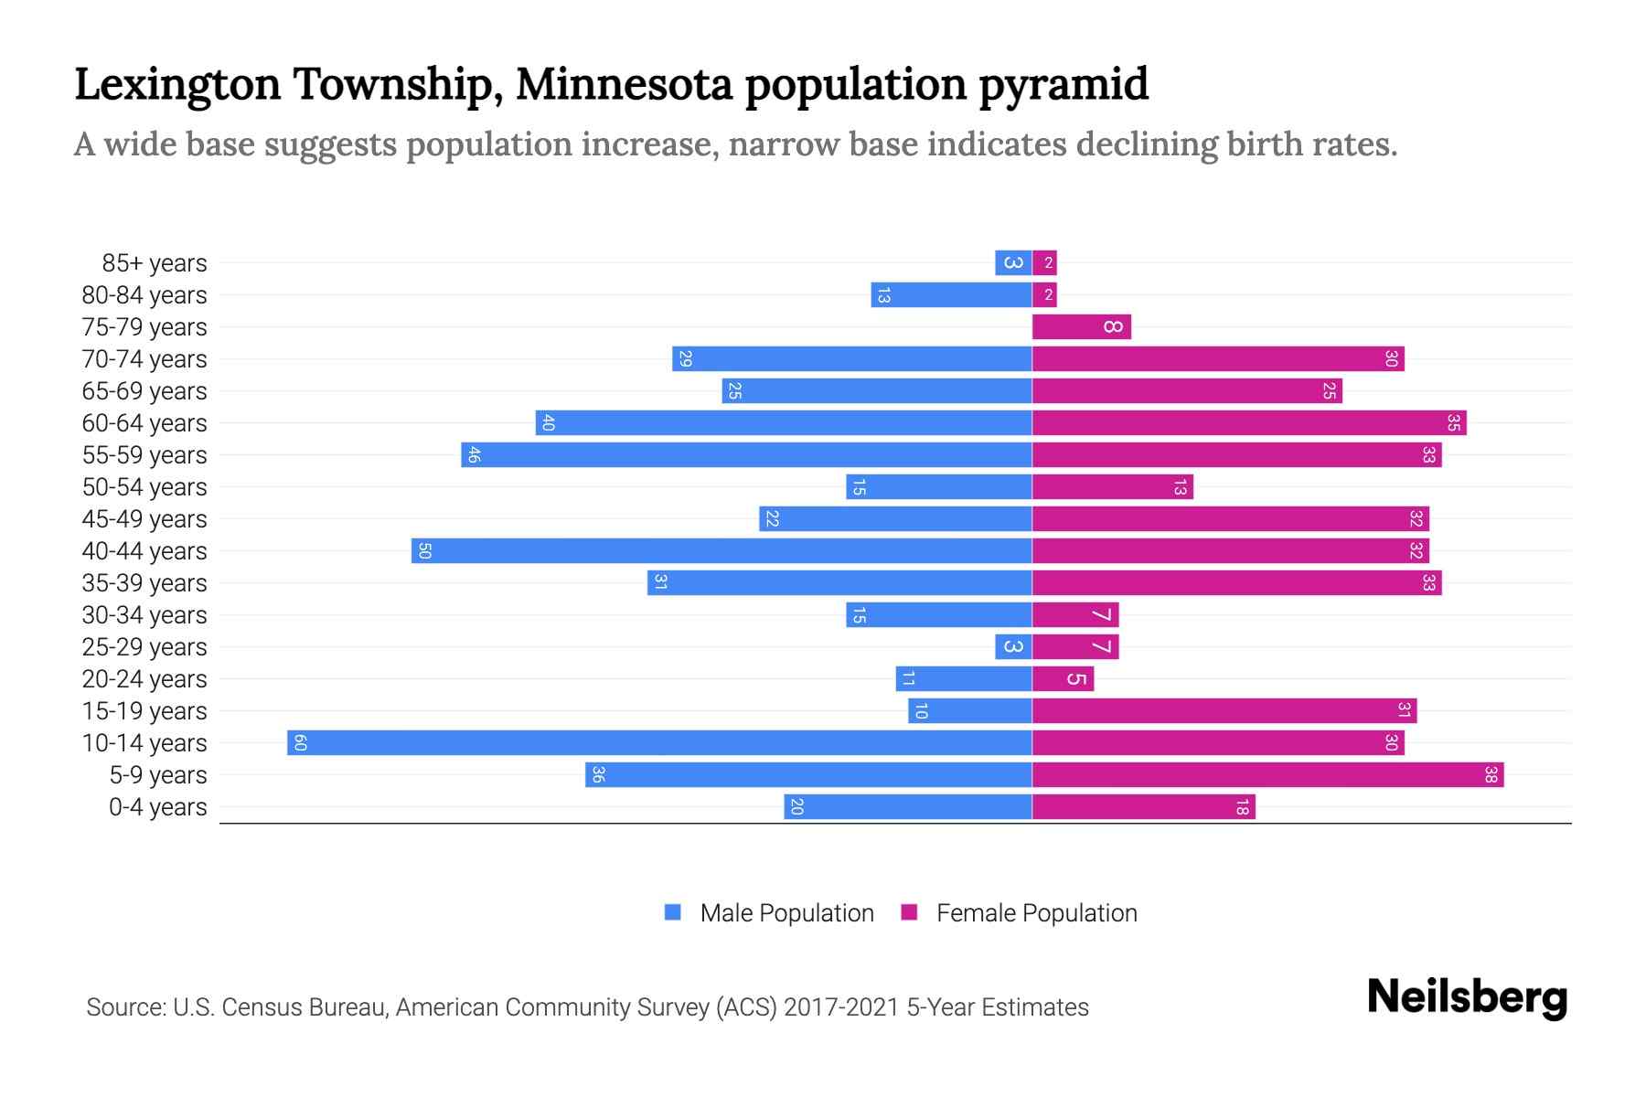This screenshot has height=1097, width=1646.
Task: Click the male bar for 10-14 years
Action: click(659, 742)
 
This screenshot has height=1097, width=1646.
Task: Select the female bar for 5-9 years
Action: click(1267, 775)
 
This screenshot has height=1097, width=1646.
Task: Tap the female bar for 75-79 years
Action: click(1081, 327)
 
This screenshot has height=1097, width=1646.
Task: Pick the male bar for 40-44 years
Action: click(721, 551)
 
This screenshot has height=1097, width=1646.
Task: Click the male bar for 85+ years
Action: click(1013, 263)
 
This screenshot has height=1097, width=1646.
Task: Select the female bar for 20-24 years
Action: click(1063, 679)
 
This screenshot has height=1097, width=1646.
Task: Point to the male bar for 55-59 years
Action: click(746, 455)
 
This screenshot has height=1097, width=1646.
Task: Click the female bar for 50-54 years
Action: click(1112, 487)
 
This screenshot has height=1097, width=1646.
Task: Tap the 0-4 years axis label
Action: click(157, 807)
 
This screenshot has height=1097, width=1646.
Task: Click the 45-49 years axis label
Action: click(144, 519)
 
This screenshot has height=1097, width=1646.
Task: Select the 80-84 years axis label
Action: click(144, 295)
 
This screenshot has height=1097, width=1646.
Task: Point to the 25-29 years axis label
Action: click(144, 647)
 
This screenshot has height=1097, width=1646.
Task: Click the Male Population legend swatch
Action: click(673, 912)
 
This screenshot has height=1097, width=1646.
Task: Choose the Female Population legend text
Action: click(1036, 912)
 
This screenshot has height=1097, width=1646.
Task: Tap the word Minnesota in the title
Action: click(624, 84)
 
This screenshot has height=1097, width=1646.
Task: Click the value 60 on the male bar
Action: click(300, 742)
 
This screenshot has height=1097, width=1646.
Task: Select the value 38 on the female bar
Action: click(1491, 775)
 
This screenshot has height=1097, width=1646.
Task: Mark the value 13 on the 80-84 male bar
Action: click(883, 295)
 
